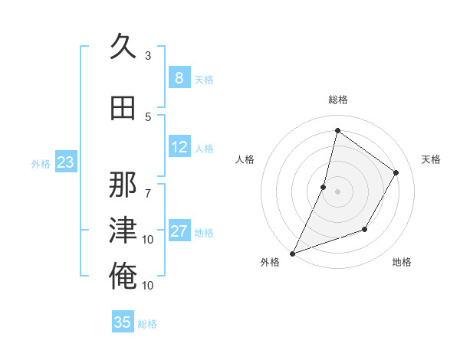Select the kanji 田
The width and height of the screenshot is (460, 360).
(x=123, y=108)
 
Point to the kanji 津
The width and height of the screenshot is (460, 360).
(x=123, y=231)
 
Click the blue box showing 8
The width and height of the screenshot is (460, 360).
(x=179, y=78)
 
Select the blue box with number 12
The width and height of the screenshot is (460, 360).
(x=179, y=147)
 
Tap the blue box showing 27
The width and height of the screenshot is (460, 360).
(x=179, y=231)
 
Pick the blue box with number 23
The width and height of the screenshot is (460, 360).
(x=66, y=162)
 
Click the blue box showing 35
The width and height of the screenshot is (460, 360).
(x=123, y=322)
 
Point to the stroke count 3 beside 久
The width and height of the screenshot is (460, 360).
(x=148, y=56)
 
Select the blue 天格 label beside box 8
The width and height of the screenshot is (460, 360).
(x=204, y=80)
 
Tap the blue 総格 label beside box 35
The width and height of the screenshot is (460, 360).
(x=148, y=324)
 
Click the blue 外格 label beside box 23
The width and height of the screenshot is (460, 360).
(x=41, y=164)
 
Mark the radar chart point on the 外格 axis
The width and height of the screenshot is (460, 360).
(x=292, y=253)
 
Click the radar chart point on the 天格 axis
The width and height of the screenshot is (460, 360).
(x=396, y=172)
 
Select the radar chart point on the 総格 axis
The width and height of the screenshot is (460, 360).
(x=337, y=131)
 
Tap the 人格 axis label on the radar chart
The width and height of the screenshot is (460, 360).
(x=245, y=159)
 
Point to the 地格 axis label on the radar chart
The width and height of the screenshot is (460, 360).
(x=402, y=262)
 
